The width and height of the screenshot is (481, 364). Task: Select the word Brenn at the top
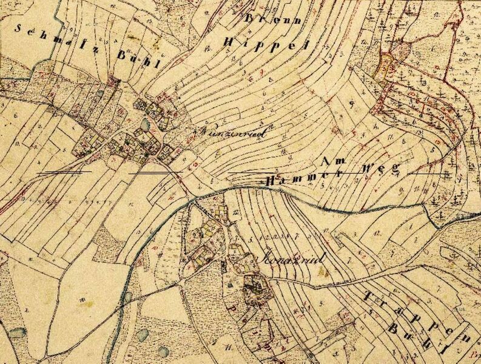264,20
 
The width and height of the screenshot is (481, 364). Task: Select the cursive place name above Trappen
290,256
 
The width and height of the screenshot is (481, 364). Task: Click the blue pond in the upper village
145,124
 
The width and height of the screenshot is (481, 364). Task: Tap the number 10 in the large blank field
79,298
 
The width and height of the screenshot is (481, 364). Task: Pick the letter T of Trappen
369,296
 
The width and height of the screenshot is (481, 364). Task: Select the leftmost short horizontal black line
64,172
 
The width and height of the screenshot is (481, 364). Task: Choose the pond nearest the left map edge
16,333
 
